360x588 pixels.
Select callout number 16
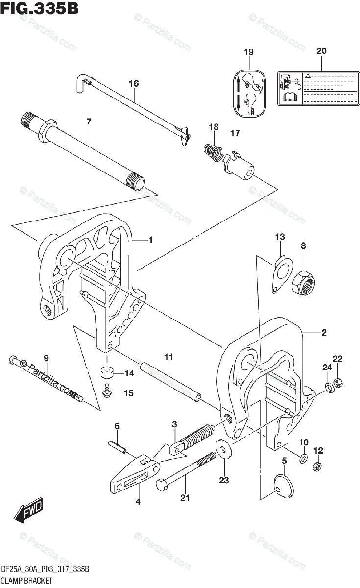click(x=134, y=84)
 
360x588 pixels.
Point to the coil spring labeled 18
click(x=213, y=149)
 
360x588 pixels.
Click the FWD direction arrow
click(x=29, y=510)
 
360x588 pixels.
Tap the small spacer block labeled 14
click(x=106, y=374)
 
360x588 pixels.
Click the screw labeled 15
click(x=107, y=392)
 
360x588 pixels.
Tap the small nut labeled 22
click(x=338, y=382)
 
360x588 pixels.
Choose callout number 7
click(x=89, y=122)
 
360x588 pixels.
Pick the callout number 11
click(x=168, y=358)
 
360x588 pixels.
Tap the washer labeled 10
click(x=303, y=459)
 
